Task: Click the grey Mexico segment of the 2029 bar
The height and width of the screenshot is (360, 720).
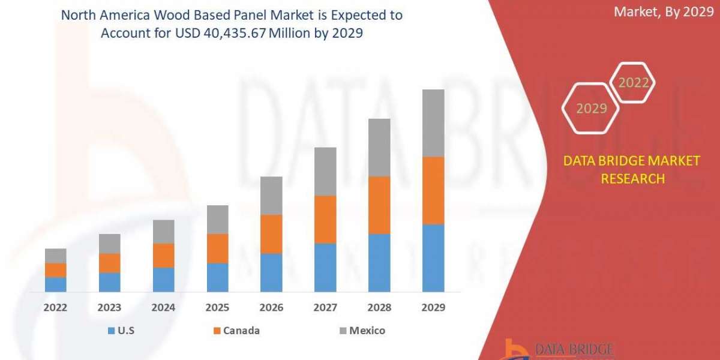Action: click(x=433, y=123)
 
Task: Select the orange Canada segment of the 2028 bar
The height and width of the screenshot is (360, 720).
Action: click(x=379, y=205)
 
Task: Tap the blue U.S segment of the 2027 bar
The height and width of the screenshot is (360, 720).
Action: click(x=325, y=268)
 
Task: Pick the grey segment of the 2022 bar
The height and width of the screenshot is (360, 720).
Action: click(x=56, y=256)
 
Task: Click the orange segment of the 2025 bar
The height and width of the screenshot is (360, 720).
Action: click(x=217, y=248)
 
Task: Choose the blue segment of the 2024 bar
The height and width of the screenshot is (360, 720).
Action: click(x=163, y=280)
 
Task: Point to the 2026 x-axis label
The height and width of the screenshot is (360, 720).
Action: click(x=271, y=308)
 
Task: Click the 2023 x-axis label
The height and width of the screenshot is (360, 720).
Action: click(x=109, y=308)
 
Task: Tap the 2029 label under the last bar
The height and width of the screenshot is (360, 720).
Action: click(x=433, y=308)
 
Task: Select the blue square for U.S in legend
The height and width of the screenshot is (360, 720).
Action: click(x=110, y=331)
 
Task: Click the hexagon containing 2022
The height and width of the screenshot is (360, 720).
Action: click(x=632, y=83)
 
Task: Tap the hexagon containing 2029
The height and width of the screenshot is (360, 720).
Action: click(x=591, y=109)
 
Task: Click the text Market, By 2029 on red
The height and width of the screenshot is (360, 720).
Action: click(x=663, y=12)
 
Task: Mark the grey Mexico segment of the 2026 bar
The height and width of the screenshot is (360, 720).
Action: click(x=271, y=196)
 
